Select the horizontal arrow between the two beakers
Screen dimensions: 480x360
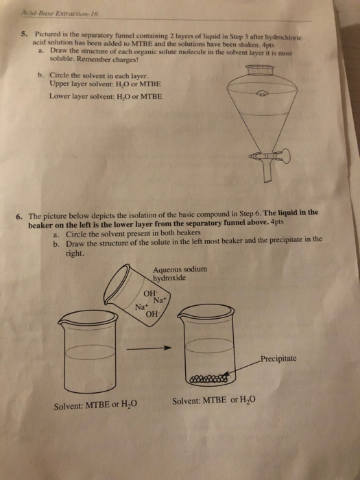[x=152, y=347]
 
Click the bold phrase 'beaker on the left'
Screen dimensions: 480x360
[x=62, y=224]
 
